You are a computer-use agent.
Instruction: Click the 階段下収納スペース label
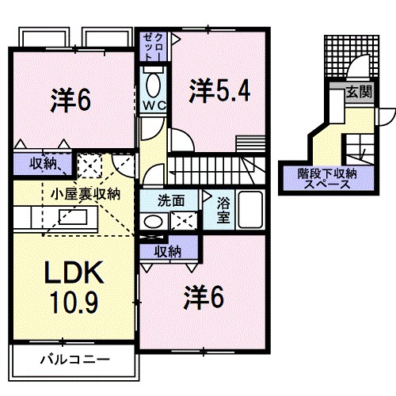click(327, 177)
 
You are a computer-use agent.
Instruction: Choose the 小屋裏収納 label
click(85, 192)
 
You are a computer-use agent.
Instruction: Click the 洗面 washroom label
click(169, 200)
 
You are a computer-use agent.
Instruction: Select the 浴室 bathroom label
click(224, 208)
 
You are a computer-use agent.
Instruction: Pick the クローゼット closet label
click(150, 46)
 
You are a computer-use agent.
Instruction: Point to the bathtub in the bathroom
click(252, 210)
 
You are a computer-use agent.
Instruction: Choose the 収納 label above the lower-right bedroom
click(167, 252)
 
